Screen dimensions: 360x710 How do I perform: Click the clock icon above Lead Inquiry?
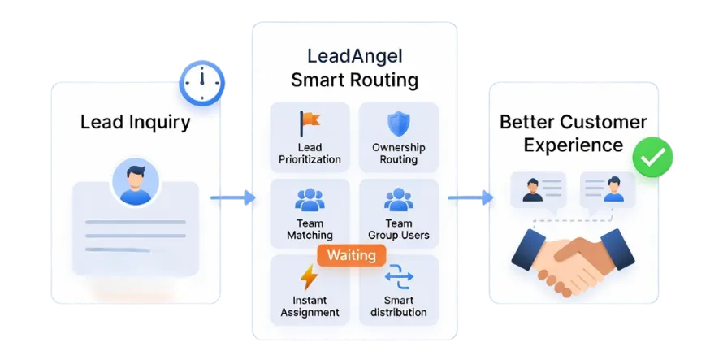click(x=201, y=82)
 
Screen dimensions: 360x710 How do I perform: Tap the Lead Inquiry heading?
click(x=135, y=123)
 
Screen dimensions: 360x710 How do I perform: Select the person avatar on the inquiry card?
click(x=135, y=181)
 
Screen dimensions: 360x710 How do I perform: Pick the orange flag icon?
click(x=309, y=123)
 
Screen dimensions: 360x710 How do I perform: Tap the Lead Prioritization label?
click(x=309, y=154)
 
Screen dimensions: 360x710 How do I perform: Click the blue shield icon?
click(x=398, y=124)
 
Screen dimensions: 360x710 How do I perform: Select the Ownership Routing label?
click(x=398, y=154)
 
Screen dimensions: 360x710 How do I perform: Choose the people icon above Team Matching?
click(x=309, y=199)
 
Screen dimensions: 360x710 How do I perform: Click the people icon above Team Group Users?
click(x=399, y=199)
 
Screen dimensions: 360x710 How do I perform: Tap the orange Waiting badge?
click(x=351, y=255)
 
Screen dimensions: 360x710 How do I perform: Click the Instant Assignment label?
click(x=310, y=307)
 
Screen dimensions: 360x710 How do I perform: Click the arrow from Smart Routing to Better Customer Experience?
click(x=470, y=197)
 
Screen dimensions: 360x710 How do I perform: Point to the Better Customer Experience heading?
click(x=573, y=133)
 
